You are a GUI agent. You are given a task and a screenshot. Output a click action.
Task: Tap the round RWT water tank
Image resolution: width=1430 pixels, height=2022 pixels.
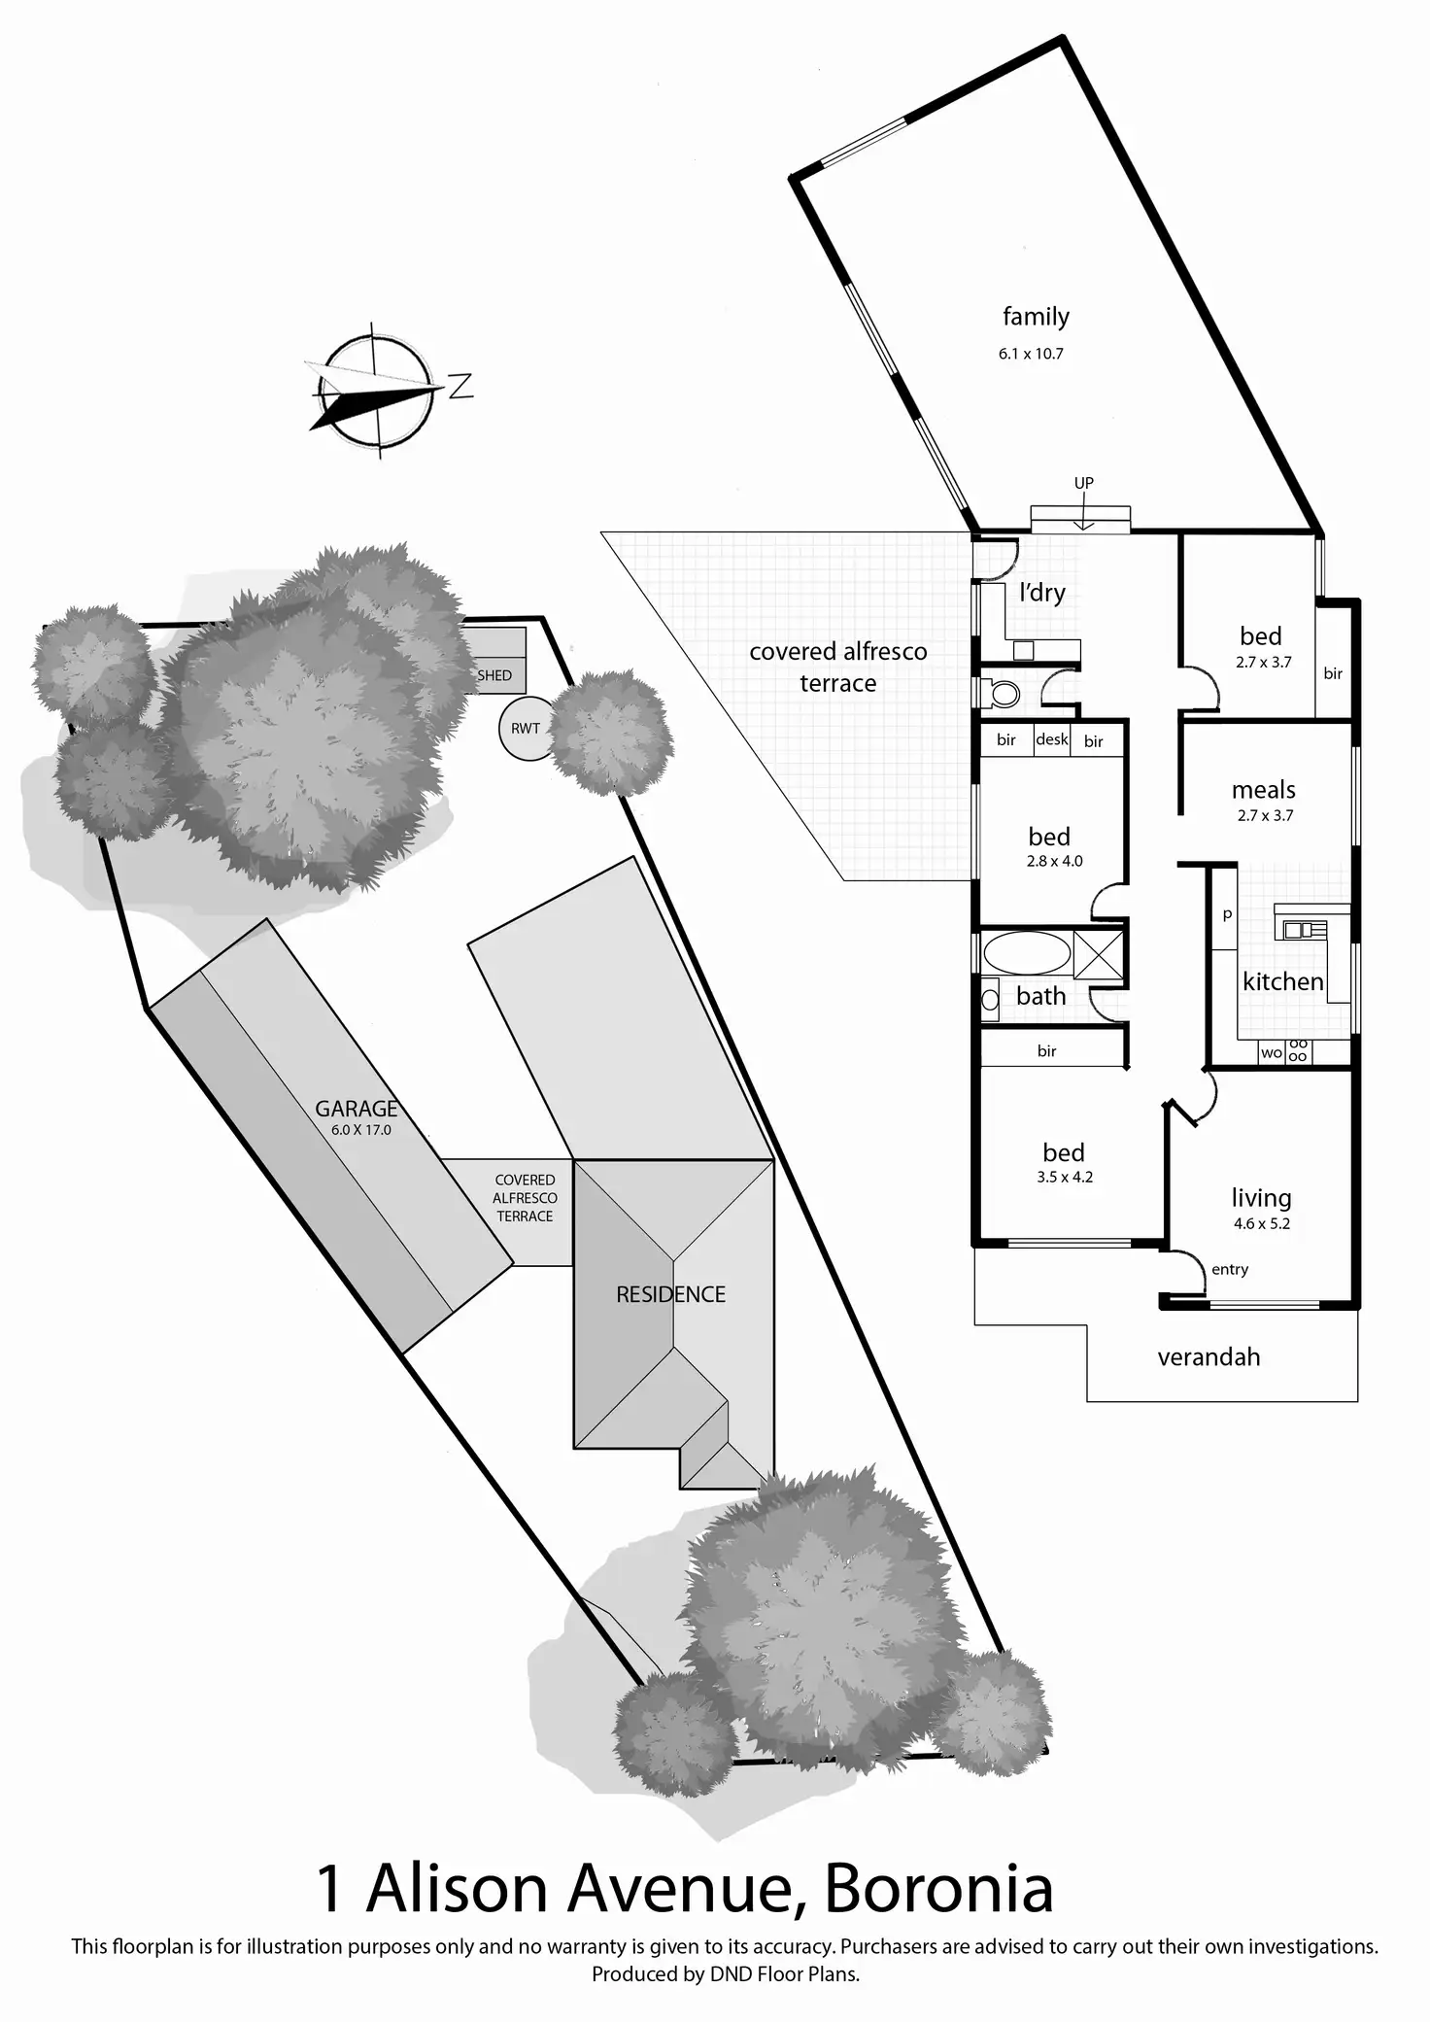pos(526,728)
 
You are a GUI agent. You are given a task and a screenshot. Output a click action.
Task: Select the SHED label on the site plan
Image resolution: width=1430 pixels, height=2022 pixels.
pos(494,675)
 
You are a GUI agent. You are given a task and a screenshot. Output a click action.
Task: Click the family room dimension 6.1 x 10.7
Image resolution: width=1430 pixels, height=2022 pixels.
pos(1031,354)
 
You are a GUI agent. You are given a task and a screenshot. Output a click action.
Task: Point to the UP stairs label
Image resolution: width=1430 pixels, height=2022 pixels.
pos(1083,483)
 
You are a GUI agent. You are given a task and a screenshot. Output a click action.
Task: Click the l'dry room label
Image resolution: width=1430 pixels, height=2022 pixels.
pos(1042,592)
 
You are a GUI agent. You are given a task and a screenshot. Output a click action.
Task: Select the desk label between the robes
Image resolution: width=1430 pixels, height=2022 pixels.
pos(1051,739)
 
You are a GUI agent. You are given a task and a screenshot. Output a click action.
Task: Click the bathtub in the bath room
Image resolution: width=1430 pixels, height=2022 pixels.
pos(1027,954)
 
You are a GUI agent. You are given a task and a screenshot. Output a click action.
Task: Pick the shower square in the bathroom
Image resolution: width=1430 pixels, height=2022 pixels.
pos(1099,954)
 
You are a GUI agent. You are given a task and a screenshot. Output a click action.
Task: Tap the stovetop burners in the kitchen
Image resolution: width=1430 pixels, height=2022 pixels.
pos(1298,1050)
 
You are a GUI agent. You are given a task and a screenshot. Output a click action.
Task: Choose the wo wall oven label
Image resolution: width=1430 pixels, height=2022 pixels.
pos(1271,1052)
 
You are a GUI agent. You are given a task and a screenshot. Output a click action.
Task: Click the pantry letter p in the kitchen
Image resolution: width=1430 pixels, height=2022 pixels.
pos(1227,914)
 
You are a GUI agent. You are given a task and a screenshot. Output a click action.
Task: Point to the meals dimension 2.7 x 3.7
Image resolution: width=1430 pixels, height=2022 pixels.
pos(1265,815)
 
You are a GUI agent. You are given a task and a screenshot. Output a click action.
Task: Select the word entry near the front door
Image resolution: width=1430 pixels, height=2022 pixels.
pos(1230,1269)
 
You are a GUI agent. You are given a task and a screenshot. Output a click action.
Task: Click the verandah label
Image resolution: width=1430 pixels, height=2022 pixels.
pos(1209,1356)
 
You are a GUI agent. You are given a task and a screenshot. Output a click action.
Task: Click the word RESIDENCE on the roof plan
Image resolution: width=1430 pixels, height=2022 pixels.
pos(670,1294)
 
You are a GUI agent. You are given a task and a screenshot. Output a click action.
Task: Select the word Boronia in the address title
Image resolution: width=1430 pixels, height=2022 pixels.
pos(938,1890)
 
